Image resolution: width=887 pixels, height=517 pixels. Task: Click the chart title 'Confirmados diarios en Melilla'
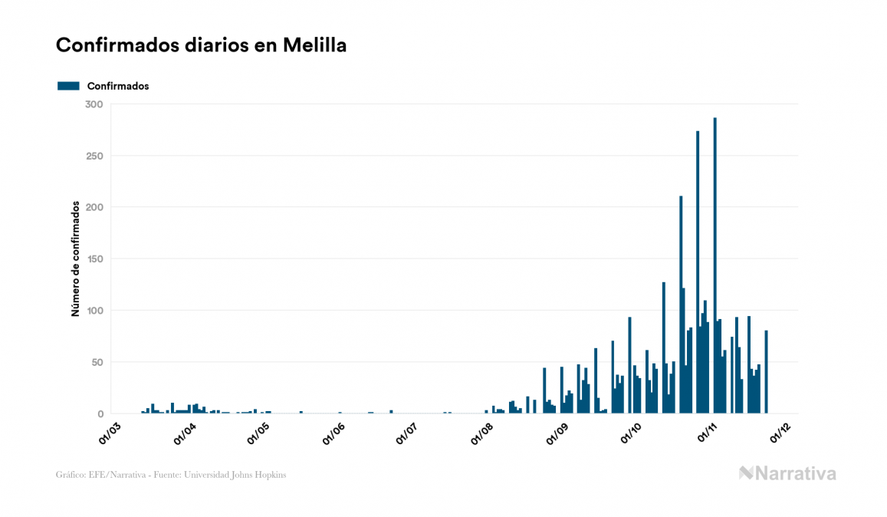point(201,45)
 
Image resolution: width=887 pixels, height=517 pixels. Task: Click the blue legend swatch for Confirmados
point(68,86)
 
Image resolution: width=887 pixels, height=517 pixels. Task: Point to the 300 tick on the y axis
point(94,104)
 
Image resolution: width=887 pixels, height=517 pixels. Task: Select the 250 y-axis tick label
point(94,156)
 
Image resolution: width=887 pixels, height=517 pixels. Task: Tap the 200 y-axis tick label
point(94,207)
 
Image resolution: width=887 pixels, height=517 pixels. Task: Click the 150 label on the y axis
point(94,259)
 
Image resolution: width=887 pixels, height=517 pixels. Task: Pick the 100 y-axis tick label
point(94,311)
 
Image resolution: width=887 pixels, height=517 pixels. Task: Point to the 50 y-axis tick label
point(96,362)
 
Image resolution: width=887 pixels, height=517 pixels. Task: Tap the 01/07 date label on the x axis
point(406,433)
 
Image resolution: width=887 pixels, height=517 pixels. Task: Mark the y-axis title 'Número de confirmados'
point(75,259)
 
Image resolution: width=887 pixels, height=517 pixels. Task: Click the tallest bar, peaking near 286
point(715,265)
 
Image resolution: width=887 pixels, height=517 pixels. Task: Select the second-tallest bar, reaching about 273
point(698,272)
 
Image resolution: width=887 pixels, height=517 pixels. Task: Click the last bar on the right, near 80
point(766,372)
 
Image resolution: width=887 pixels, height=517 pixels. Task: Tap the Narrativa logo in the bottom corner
point(787,473)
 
